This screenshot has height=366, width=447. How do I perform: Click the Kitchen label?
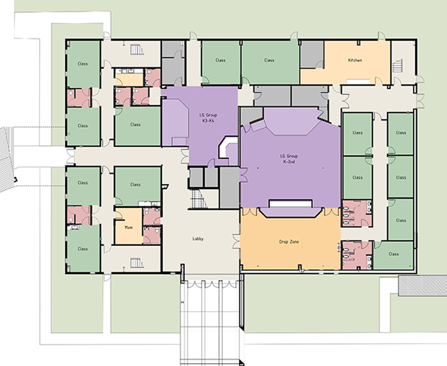355,60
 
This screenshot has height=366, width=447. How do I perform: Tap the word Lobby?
198,239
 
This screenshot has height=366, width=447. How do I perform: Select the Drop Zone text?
289,242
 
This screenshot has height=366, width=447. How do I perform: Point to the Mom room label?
129,228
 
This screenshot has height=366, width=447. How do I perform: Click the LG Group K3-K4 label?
208,118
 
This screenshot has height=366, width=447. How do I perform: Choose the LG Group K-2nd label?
289,159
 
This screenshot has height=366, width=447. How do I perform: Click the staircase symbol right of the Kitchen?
397,66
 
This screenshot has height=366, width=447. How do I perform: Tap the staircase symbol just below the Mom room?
137,263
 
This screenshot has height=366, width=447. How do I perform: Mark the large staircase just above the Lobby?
198,199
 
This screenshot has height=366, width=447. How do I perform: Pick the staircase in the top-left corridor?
137,50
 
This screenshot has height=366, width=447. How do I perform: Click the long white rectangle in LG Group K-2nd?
291,204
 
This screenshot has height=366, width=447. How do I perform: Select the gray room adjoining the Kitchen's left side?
312,54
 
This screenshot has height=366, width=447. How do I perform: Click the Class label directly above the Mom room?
135,185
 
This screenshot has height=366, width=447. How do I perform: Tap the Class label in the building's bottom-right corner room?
393,254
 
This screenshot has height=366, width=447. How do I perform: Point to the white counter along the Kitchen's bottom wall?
358,81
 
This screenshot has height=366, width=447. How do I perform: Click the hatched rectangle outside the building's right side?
422,286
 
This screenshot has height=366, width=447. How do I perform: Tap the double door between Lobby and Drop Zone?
236,242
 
